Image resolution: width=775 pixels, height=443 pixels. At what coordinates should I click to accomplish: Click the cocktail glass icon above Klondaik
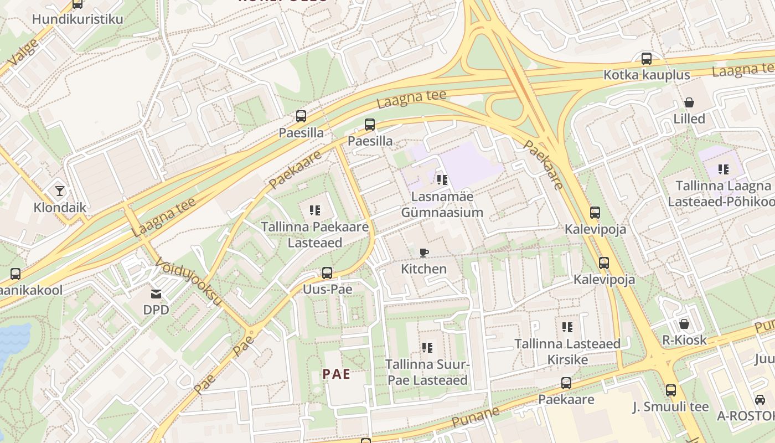click(60, 191)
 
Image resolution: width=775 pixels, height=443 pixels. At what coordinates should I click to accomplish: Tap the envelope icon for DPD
click(156, 293)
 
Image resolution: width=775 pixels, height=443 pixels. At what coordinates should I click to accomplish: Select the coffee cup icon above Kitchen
click(423, 253)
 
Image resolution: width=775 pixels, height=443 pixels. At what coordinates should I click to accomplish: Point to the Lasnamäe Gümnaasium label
click(442, 204)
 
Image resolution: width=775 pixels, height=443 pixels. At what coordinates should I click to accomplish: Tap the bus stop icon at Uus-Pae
click(327, 272)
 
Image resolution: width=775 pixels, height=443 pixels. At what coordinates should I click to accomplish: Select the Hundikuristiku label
click(77, 19)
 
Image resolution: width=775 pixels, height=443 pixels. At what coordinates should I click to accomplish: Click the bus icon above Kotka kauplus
click(646, 58)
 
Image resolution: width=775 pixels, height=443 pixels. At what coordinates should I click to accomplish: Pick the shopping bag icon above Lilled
click(689, 102)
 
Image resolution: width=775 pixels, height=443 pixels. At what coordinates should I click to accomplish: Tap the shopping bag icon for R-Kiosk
click(684, 323)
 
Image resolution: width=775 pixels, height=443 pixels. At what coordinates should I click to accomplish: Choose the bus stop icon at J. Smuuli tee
click(671, 390)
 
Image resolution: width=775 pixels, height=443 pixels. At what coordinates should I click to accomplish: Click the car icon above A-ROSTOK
click(760, 399)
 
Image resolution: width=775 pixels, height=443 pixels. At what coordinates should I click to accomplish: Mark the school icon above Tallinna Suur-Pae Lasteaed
click(427, 348)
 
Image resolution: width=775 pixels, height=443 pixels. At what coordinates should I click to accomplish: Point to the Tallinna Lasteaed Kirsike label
click(567, 352)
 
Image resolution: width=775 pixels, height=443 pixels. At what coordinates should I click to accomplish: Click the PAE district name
click(337, 374)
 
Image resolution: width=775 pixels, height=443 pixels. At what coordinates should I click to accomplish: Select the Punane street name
click(474, 417)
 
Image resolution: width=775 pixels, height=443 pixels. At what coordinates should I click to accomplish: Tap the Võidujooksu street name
click(188, 281)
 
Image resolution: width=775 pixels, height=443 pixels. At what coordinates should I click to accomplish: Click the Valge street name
click(23, 54)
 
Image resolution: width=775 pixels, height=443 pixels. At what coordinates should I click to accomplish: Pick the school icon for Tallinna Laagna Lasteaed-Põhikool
click(723, 169)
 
